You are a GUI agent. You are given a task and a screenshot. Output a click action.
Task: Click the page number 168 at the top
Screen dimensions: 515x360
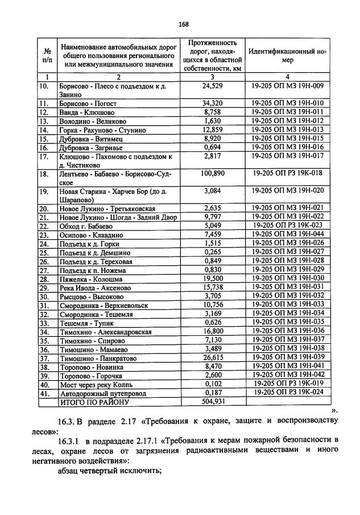click(183, 24)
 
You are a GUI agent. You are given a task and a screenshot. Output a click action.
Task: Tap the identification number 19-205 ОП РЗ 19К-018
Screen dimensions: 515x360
click(287, 172)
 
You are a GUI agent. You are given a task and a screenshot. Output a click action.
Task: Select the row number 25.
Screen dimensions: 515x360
click(44, 252)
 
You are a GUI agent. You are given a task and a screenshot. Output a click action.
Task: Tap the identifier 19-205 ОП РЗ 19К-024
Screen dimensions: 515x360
click(287, 392)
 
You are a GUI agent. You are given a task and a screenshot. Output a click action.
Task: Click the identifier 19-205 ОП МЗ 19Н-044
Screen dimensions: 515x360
click(287, 234)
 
